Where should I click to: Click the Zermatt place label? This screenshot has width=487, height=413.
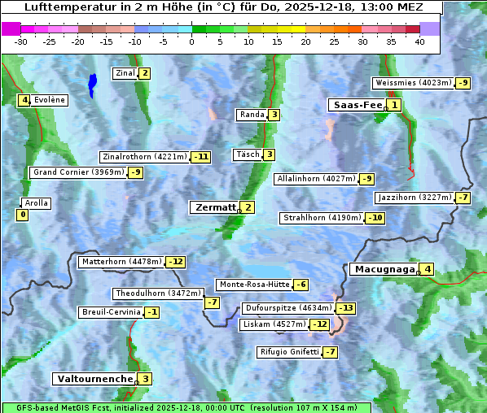pyautogui.click(x=214, y=207)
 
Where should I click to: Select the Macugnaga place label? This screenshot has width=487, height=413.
pyautogui.click(x=383, y=269)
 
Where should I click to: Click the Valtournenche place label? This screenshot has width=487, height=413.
pyautogui.click(x=94, y=379)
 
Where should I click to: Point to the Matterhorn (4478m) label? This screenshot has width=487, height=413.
pyautogui.click(x=121, y=262)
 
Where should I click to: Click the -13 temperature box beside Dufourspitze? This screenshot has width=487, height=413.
pyautogui.click(x=346, y=308)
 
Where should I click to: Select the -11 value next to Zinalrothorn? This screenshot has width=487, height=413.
pyautogui.click(x=200, y=157)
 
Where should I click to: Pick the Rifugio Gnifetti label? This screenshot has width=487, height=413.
pyautogui.click(x=289, y=352)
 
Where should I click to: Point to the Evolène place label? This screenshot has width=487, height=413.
pyautogui.click(x=50, y=100)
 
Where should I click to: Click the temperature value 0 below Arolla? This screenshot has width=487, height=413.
pyautogui.click(x=22, y=215)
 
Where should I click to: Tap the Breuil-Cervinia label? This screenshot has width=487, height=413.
pyautogui.click(x=109, y=312)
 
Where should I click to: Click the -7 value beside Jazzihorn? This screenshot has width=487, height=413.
pyautogui.click(x=463, y=198)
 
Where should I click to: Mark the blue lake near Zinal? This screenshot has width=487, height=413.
pyautogui.click(x=92, y=84)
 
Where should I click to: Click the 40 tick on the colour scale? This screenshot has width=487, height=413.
pyautogui.click(x=419, y=41)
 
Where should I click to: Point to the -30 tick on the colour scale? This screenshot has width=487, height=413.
pyautogui.click(x=21, y=41)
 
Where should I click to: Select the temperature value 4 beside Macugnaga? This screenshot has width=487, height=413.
pyautogui.click(x=428, y=269)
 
